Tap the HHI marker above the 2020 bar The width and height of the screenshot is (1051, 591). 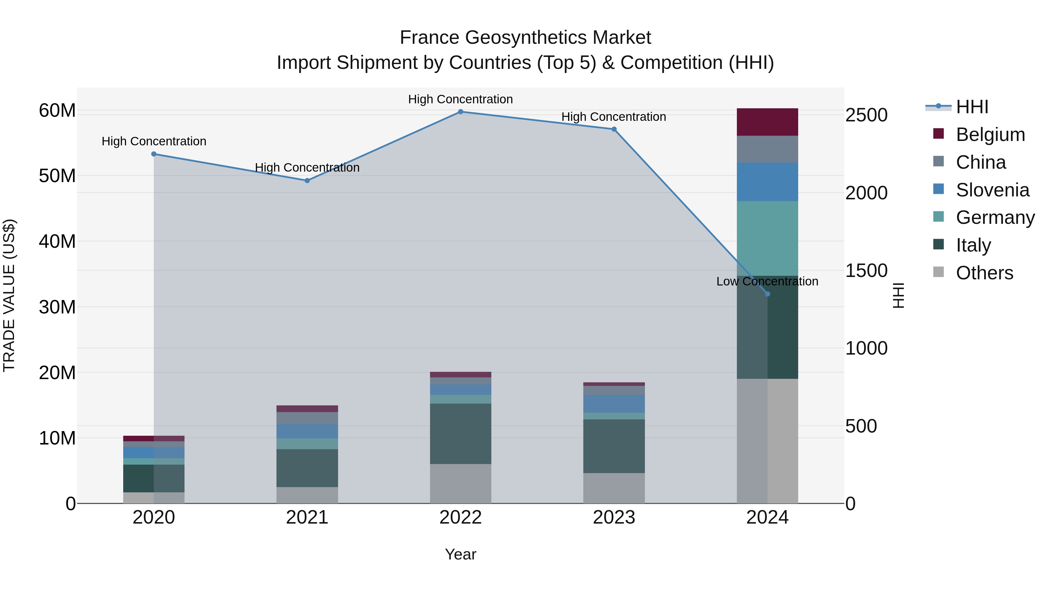(154, 154)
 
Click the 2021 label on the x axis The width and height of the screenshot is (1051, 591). (307, 517)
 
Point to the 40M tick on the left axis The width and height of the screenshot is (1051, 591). (57, 241)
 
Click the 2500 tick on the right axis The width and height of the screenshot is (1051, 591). (866, 115)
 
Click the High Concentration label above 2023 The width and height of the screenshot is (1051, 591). (614, 117)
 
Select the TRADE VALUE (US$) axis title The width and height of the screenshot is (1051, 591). (9, 295)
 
